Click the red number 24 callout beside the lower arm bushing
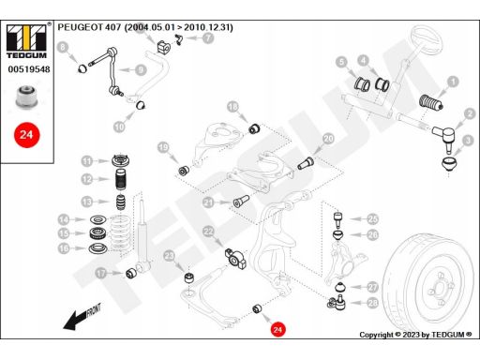point(277,329)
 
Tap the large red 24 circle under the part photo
point(27,135)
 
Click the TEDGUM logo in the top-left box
point(27,41)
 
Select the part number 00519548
point(29,69)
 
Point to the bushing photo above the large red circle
point(27,97)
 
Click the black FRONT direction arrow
point(82,316)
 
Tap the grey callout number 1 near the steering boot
point(453,82)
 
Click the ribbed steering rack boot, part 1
point(430,102)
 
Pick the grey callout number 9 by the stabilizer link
point(141,70)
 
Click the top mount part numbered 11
point(121,161)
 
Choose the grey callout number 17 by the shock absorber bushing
point(101,274)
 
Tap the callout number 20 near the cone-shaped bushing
point(328,139)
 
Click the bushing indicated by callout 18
point(254,128)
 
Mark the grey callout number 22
point(208,232)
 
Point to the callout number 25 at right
point(372,219)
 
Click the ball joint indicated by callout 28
point(337,302)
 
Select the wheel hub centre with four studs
point(440,288)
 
